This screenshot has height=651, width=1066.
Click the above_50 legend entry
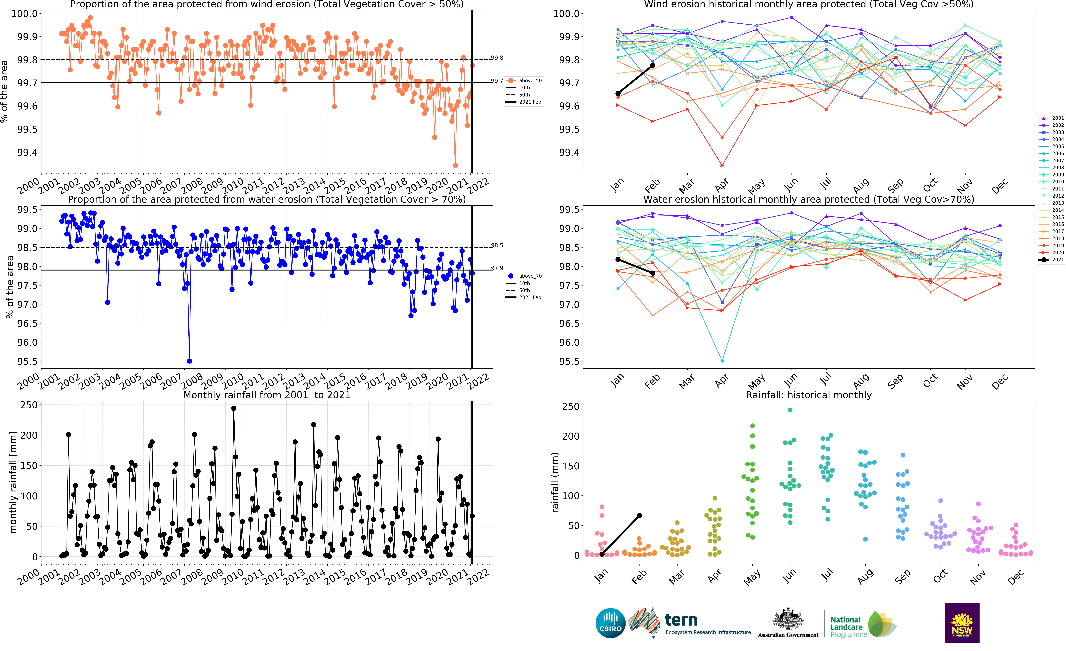530,80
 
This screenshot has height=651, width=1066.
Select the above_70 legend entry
530,276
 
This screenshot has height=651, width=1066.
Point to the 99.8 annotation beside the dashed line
497,57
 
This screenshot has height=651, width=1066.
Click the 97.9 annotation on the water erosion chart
497,268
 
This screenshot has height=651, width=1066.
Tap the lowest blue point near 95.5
189,361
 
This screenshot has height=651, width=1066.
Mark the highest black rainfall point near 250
234,408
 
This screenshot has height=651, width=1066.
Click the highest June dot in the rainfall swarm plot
790,410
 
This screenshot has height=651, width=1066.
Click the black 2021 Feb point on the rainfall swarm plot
639,515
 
